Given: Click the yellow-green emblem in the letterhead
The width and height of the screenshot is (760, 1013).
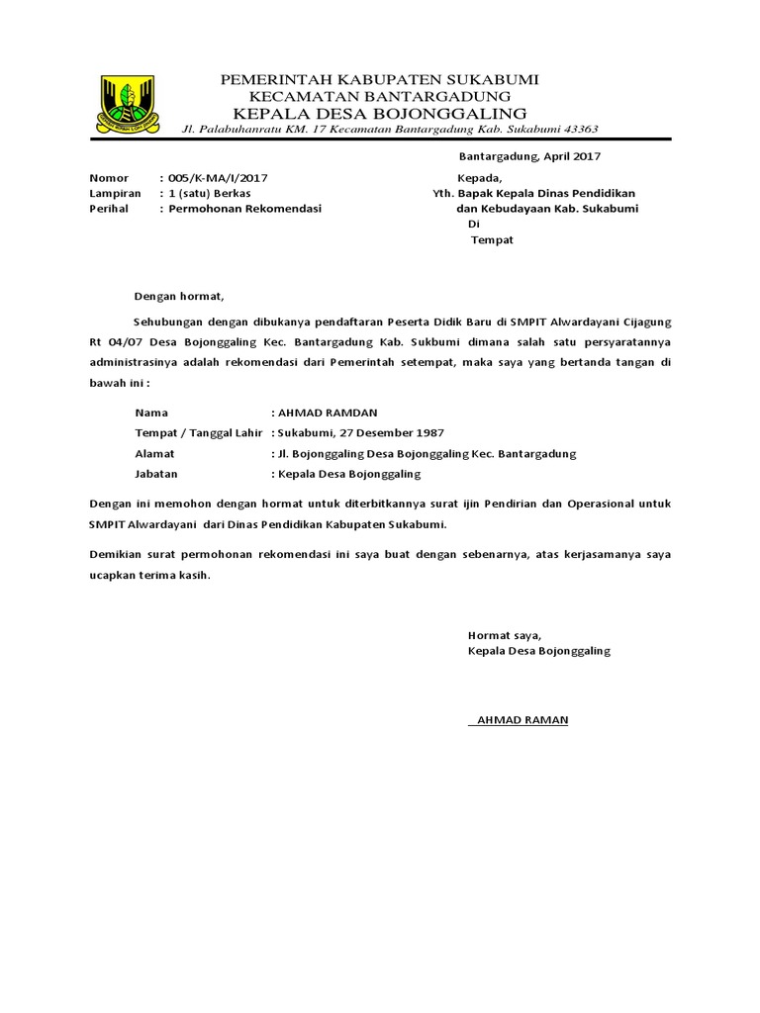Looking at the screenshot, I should (127, 103).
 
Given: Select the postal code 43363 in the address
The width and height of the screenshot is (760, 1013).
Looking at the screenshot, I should (577, 129).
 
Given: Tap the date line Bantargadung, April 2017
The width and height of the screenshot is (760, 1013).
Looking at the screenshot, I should (529, 156).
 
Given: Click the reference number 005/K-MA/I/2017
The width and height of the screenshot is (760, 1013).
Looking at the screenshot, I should (218, 178).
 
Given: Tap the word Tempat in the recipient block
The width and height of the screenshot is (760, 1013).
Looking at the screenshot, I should (492, 240).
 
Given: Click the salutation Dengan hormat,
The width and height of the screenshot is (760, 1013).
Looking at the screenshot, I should (180, 296).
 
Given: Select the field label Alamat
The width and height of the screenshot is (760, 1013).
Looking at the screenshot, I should (154, 454).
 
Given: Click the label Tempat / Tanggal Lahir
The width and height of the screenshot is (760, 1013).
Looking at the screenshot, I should (198, 433).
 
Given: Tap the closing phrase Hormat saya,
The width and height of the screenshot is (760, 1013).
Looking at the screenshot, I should (505, 635).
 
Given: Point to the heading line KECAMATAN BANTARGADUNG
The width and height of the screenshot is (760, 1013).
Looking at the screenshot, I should (380, 96).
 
